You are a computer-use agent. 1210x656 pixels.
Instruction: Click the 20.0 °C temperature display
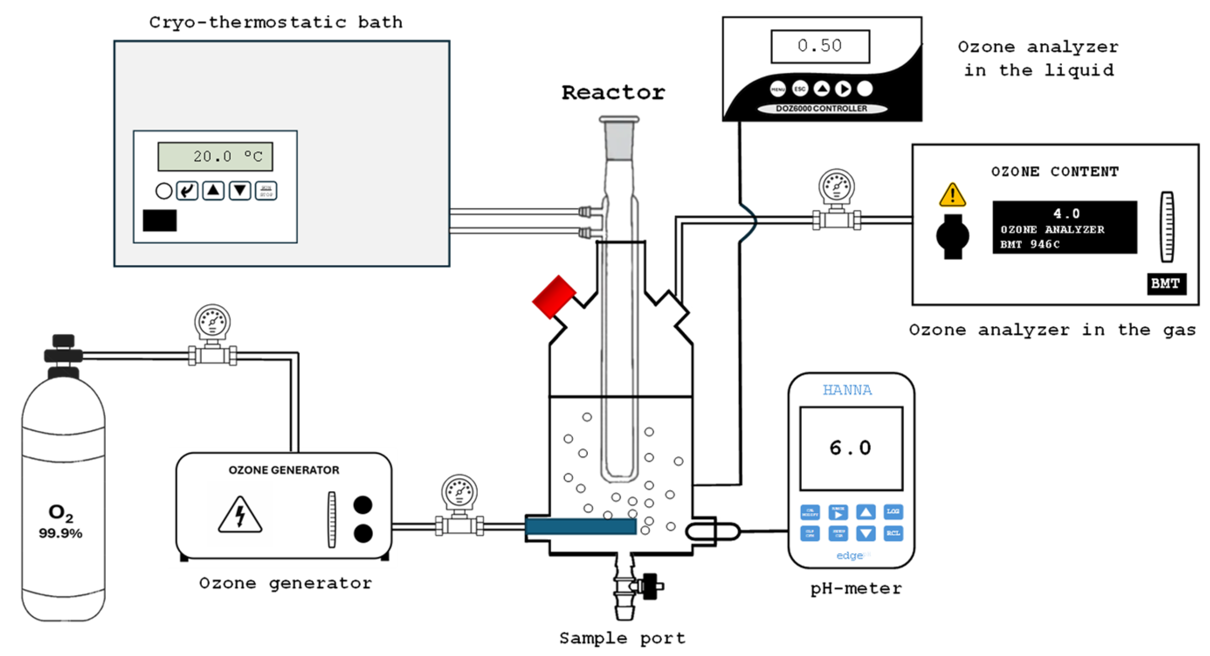[x=215, y=156]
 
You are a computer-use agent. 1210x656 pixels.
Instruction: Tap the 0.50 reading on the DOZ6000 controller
[x=820, y=46]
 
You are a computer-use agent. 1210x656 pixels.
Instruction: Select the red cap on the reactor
[x=554, y=297]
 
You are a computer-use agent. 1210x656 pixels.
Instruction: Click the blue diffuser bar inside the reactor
[x=580, y=527]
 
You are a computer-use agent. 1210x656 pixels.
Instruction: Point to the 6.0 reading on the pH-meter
[x=850, y=448]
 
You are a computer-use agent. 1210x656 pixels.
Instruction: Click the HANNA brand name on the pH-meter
[x=847, y=390]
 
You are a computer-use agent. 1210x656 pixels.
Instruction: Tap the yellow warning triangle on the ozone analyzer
[x=952, y=195]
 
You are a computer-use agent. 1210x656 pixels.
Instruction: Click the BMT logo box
[x=1166, y=283]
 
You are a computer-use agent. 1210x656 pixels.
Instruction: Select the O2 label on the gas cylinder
[x=61, y=513]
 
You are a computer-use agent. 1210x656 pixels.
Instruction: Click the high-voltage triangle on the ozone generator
[x=239, y=515]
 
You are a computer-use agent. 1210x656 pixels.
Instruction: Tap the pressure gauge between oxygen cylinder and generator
[x=212, y=323]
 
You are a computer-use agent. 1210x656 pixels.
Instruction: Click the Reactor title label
[x=613, y=92]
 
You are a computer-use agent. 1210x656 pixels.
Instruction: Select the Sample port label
[x=622, y=638]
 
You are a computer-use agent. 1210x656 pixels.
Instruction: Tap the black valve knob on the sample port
[x=650, y=586]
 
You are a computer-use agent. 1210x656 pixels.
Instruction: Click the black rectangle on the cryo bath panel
[x=160, y=220]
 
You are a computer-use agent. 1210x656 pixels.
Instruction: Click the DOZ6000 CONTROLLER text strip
[x=822, y=109]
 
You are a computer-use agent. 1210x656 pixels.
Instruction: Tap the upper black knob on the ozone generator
[x=363, y=505]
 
